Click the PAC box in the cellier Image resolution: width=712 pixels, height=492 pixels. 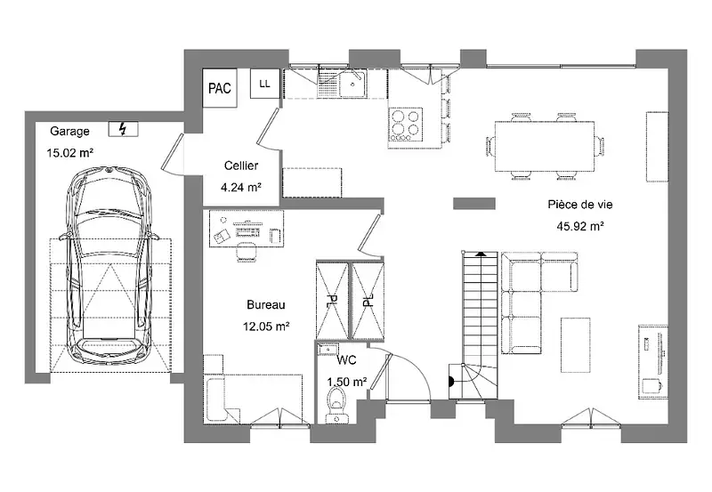(x=220, y=88)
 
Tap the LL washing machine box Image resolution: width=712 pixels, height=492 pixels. (x=264, y=84)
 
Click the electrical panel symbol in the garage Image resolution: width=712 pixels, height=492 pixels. (x=123, y=129)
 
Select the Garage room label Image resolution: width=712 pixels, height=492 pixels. (x=69, y=131)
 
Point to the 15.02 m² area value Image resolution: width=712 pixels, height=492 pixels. (x=70, y=152)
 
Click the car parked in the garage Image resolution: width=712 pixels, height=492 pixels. (x=109, y=266)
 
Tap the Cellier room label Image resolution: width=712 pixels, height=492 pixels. (x=241, y=165)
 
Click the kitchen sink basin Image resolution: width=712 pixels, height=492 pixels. (x=352, y=84)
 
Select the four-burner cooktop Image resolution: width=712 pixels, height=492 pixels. (x=406, y=124)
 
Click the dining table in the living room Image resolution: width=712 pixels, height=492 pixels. (x=545, y=146)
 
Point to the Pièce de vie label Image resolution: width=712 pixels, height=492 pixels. (x=580, y=205)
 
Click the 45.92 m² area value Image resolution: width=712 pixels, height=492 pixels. (x=580, y=226)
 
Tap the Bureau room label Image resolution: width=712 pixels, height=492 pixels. (x=266, y=304)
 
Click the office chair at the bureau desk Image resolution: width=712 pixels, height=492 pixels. (x=247, y=252)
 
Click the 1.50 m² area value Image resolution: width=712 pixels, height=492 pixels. (x=347, y=383)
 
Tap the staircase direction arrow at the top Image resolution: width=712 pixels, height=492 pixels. (x=480, y=255)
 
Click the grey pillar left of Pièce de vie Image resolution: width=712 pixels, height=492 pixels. (x=474, y=204)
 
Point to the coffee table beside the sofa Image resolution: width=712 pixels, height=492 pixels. (x=575, y=345)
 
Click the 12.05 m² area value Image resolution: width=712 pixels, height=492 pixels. (x=266, y=326)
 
